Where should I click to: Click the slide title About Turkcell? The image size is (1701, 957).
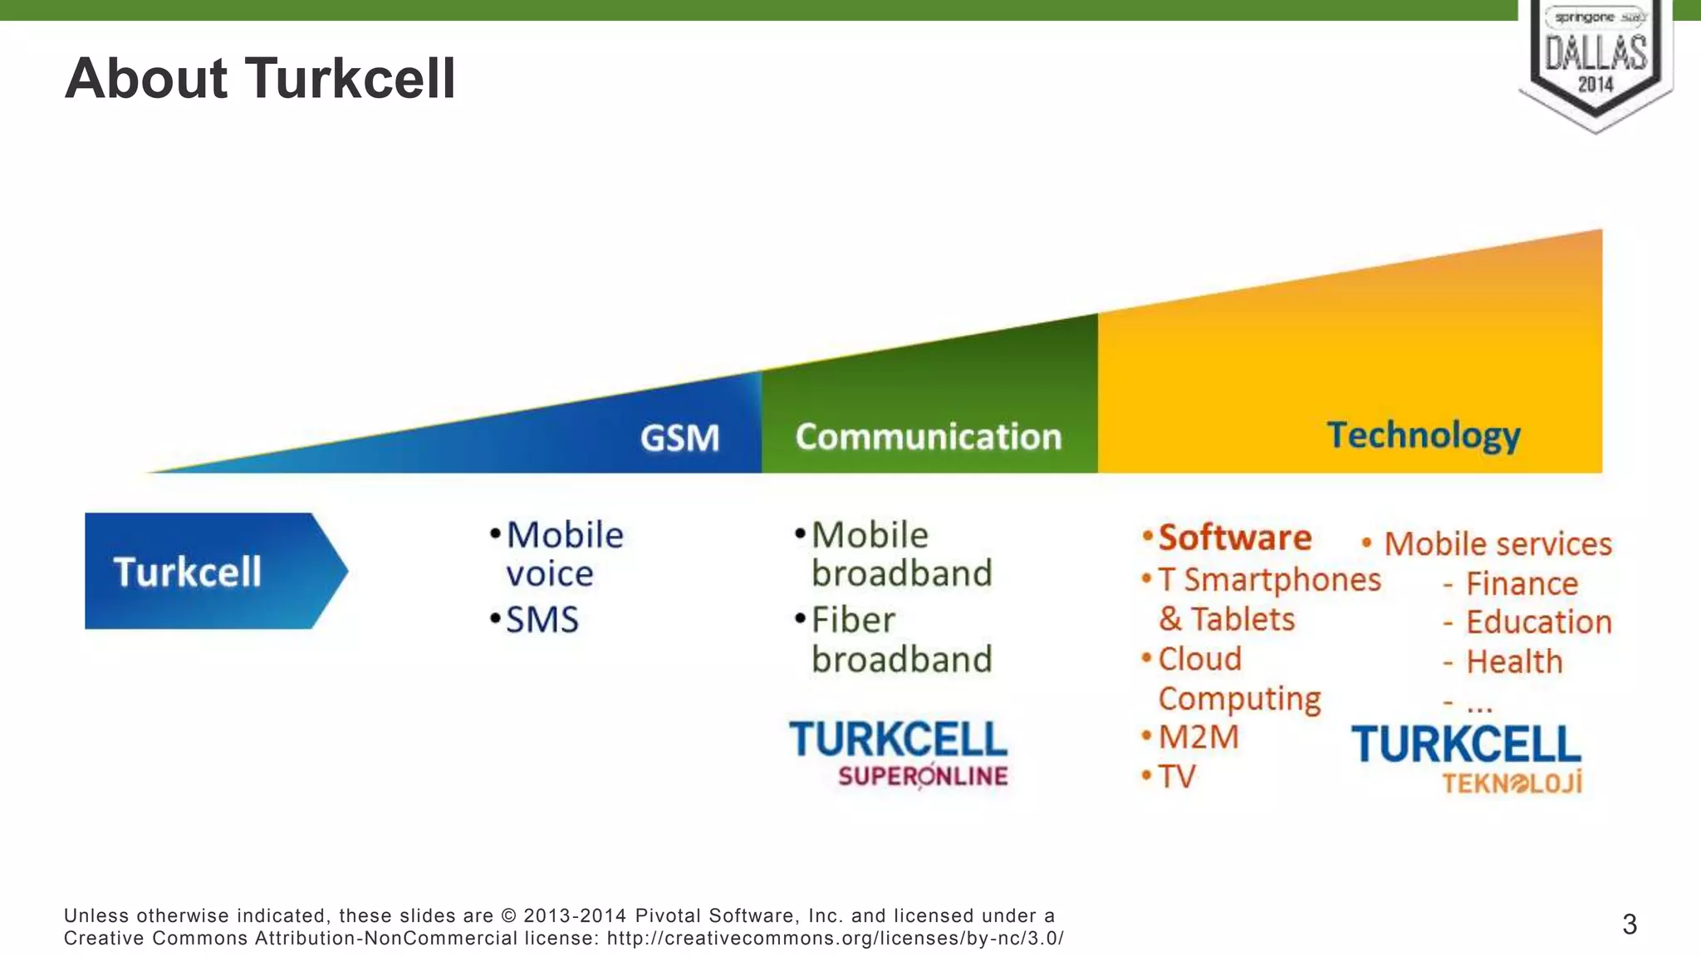point(260,79)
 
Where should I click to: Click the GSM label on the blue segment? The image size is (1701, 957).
point(679,438)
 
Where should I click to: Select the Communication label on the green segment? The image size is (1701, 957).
point(928,437)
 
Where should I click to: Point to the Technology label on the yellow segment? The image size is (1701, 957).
point(1423,435)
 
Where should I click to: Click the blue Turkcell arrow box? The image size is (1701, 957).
point(208,572)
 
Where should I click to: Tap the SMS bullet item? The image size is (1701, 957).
point(542,620)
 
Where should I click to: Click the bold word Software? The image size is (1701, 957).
point(1234,537)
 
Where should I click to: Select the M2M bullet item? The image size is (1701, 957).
point(1198,737)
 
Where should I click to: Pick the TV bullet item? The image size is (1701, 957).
point(1176,777)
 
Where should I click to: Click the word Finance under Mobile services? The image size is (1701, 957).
point(1521,584)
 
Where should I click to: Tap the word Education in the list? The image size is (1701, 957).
point(1538,622)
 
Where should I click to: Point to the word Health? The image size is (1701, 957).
point(1513,662)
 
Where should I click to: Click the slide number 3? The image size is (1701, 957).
point(1629,925)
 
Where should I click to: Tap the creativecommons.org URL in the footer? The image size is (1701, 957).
point(835,939)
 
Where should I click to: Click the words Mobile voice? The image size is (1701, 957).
point(563,554)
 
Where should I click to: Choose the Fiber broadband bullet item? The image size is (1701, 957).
point(900,640)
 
